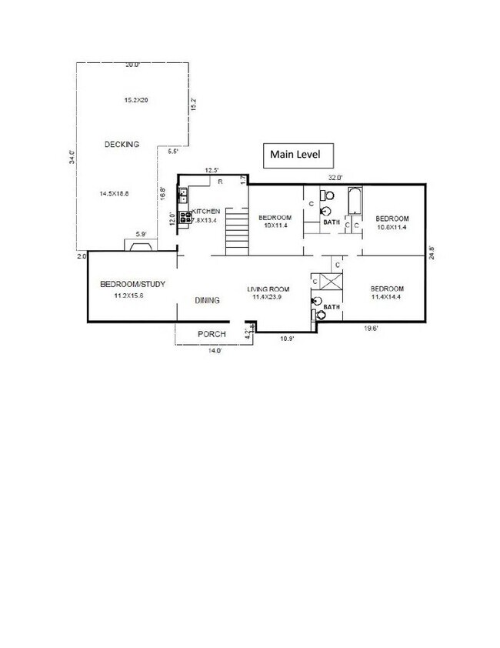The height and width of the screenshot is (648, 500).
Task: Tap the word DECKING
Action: (122, 145)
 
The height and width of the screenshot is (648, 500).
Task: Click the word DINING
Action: (208, 300)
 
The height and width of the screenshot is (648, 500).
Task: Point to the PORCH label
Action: (212, 334)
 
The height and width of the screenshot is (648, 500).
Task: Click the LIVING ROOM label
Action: (268, 289)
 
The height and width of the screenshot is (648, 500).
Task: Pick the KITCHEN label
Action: (207, 211)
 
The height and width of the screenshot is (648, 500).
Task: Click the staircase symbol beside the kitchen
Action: (237, 234)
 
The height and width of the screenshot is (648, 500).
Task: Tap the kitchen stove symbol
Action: (185, 217)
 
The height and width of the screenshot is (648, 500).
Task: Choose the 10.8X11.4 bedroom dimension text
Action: (392, 228)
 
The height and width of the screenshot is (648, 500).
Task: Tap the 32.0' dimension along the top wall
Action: (335, 178)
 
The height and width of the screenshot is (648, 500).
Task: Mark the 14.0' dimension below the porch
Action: (214, 350)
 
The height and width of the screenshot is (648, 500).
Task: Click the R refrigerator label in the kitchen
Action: (219, 182)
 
